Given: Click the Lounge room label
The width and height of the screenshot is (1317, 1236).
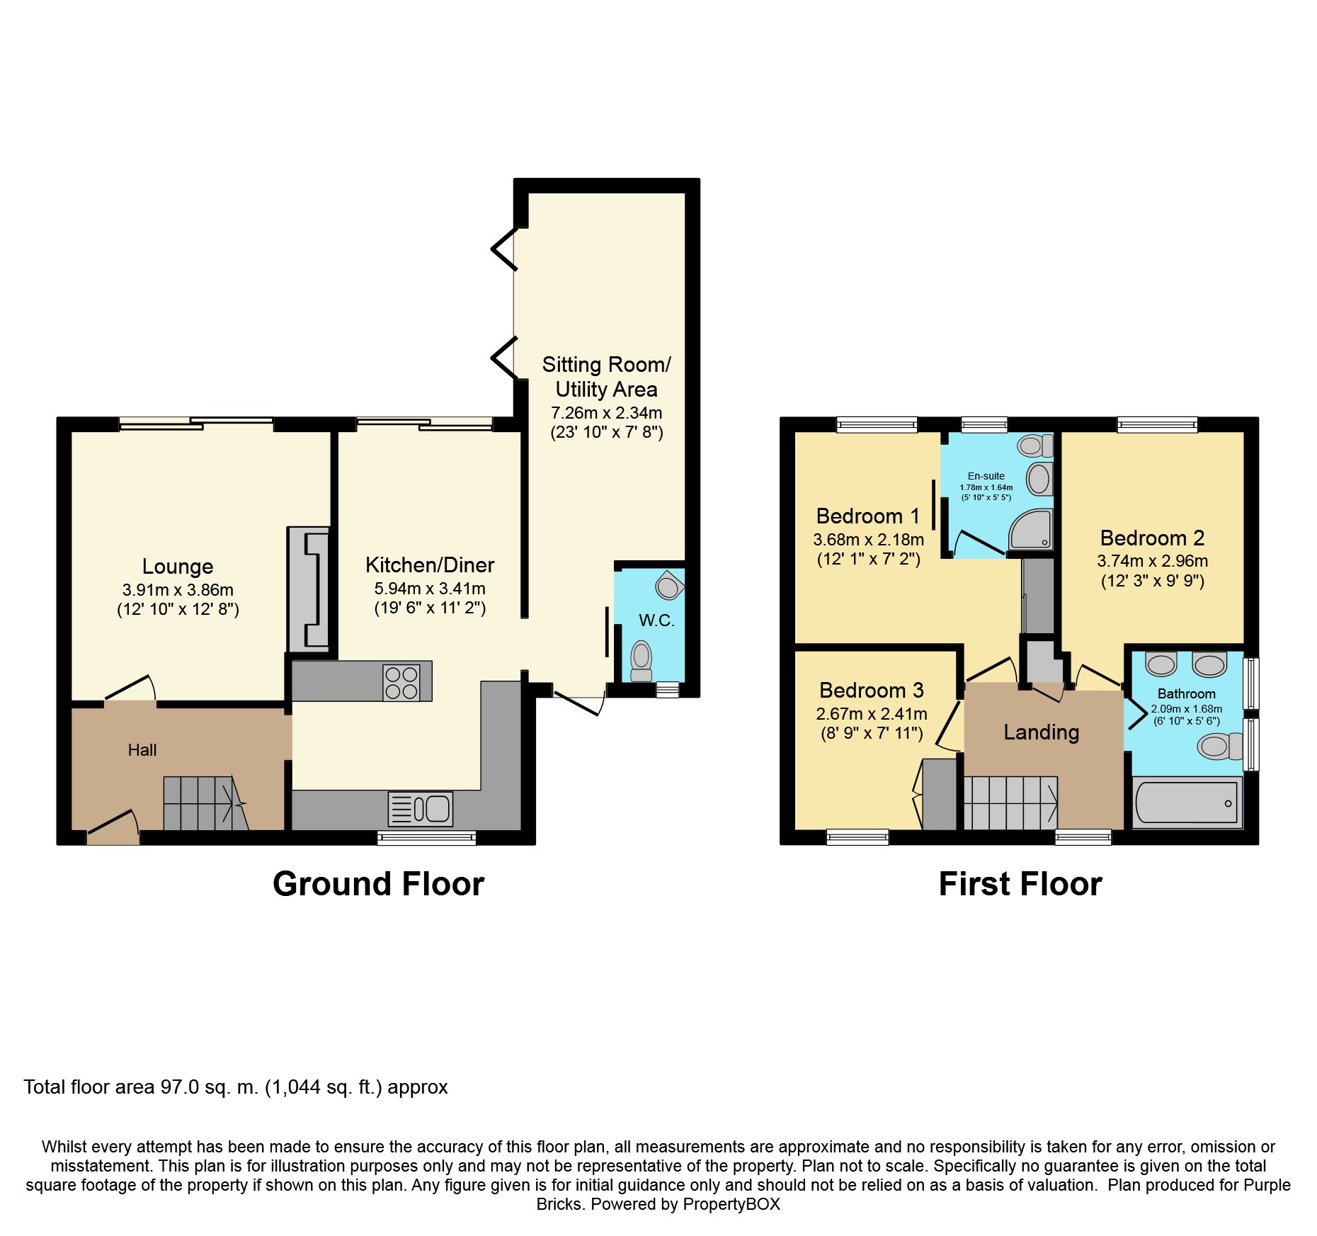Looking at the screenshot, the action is (x=178, y=566).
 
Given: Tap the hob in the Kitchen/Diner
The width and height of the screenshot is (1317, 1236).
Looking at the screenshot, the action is (x=401, y=682).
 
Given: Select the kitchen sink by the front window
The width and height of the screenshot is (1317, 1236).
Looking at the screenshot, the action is (x=421, y=809).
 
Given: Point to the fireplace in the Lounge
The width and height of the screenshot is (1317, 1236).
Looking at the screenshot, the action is (x=309, y=589).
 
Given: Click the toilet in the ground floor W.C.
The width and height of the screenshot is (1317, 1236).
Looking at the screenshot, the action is (x=642, y=661).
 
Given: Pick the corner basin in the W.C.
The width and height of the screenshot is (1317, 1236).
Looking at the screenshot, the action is (x=669, y=585).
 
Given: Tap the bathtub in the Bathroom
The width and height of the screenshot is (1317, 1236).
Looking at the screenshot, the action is (x=1187, y=803).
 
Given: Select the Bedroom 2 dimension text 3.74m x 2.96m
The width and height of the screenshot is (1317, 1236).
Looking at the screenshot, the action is (x=1153, y=561).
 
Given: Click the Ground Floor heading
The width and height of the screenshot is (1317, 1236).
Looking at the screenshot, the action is (x=379, y=884).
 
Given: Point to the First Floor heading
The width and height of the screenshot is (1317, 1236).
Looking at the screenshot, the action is (x=1020, y=884).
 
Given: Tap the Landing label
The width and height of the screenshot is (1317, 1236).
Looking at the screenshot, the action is (x=1042, y=732).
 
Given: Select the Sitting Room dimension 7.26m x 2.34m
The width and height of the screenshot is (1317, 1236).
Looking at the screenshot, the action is (x=607, y=413).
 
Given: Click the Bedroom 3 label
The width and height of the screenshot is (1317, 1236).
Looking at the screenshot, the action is (x=872, y=690).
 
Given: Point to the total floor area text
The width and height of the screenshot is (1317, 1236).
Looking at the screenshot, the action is (x=236, y=1087).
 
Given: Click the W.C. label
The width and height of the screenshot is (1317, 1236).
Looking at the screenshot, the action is (x=656, y=621).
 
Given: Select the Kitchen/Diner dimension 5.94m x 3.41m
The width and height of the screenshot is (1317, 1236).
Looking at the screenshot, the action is (x=430, y=589).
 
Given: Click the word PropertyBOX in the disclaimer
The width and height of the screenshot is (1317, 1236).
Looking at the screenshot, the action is (x=731, y=1204).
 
